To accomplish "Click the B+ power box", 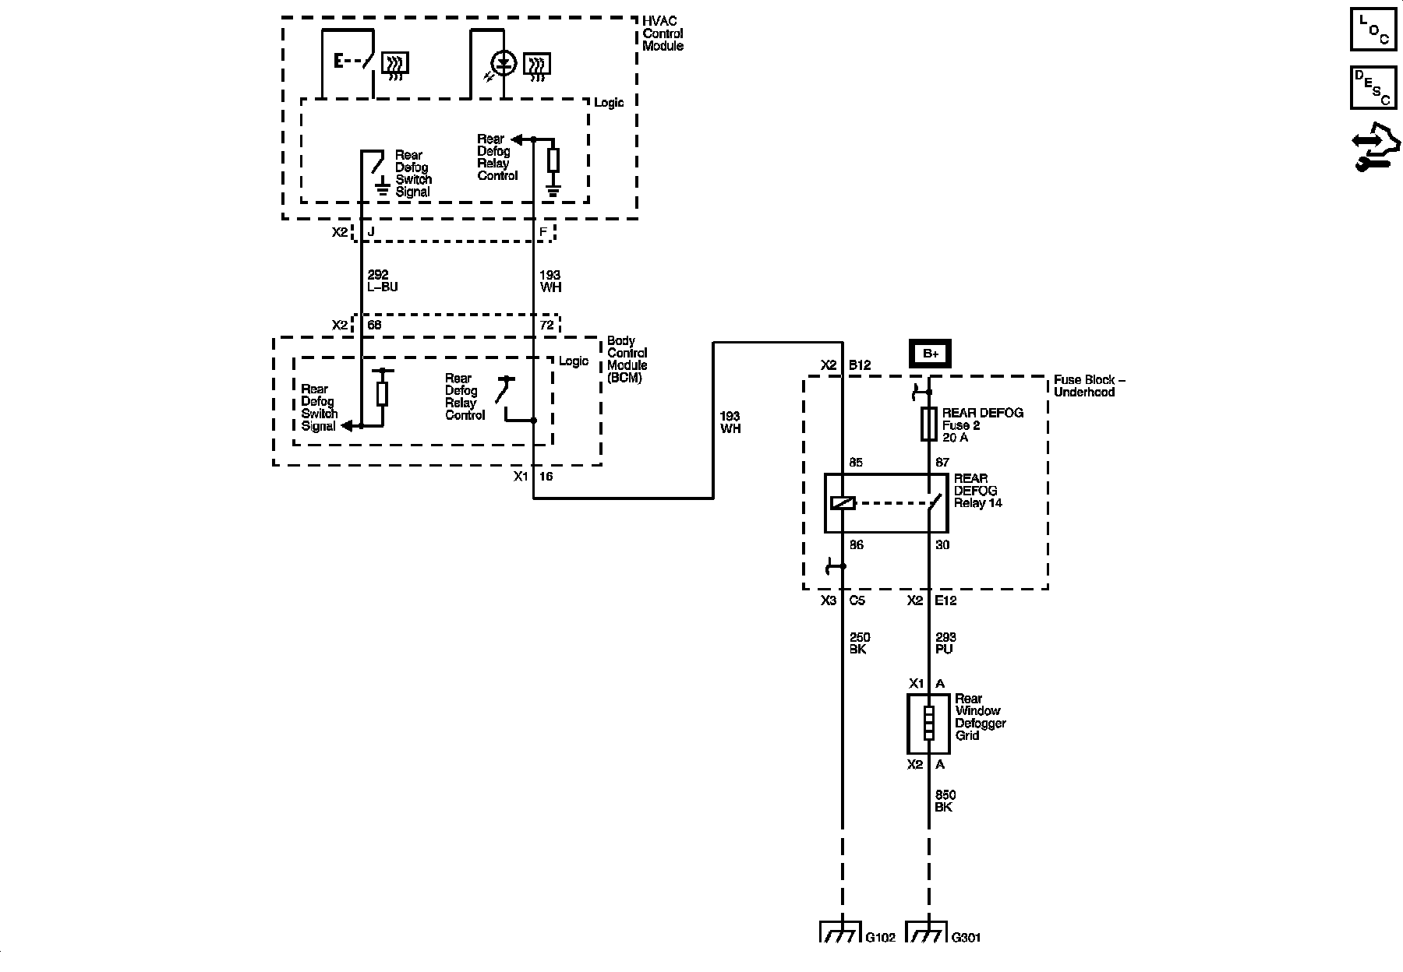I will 931,353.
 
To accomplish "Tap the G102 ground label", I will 880,938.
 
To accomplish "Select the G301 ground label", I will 966,938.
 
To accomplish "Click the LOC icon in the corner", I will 1373,29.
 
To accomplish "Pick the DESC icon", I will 1373,86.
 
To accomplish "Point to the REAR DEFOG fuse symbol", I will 929,424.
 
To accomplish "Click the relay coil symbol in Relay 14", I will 843,503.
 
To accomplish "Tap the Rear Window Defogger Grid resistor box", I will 929,723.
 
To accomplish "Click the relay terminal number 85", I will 856,463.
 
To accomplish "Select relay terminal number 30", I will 942,545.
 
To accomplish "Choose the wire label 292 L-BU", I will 382,281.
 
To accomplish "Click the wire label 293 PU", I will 945,643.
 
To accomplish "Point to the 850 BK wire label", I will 945,801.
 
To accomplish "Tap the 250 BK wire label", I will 859,643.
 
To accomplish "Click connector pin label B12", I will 859,365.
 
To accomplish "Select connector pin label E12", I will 945,600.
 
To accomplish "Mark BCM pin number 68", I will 374,325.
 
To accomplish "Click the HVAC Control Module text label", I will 663,33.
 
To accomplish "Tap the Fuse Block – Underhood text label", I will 1089,386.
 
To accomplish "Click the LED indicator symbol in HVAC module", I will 504,64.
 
